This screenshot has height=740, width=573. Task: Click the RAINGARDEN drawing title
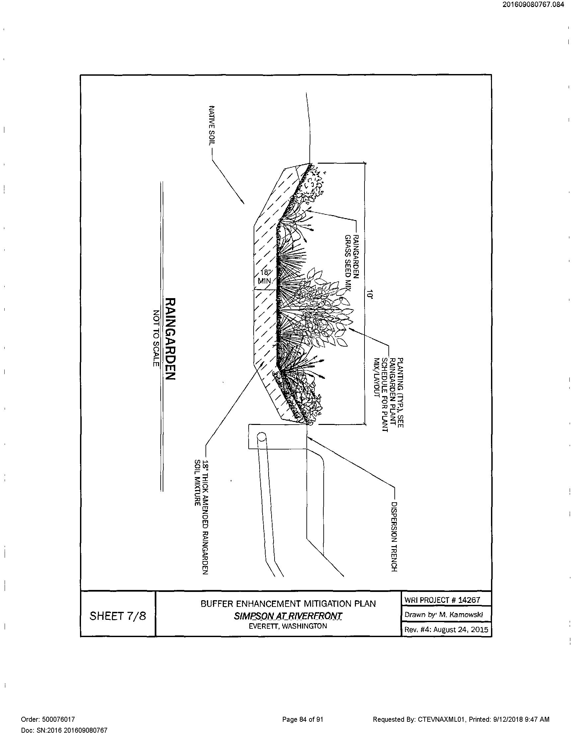pyautogui.click(x=170, y=339)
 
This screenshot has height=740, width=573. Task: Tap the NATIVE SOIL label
pyautogui.click(x=211, y=125)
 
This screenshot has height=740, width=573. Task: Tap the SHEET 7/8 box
pyautogui.click(x=118, y=616)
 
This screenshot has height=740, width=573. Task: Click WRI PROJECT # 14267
pyautogui.click(x=442, y=600)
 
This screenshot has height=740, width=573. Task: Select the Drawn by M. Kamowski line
pyautogui.click(x=444, y=615)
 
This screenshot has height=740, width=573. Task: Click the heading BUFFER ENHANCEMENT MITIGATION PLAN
pyautogui.click(x=288, y=604)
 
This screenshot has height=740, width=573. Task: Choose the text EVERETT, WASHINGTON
pyautogui.click(x=288, y=626)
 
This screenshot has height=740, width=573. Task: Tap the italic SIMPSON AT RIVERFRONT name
pyautogui.click(x=288, y=616)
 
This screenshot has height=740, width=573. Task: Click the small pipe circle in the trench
pyautogui.click(x=261, y=437)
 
